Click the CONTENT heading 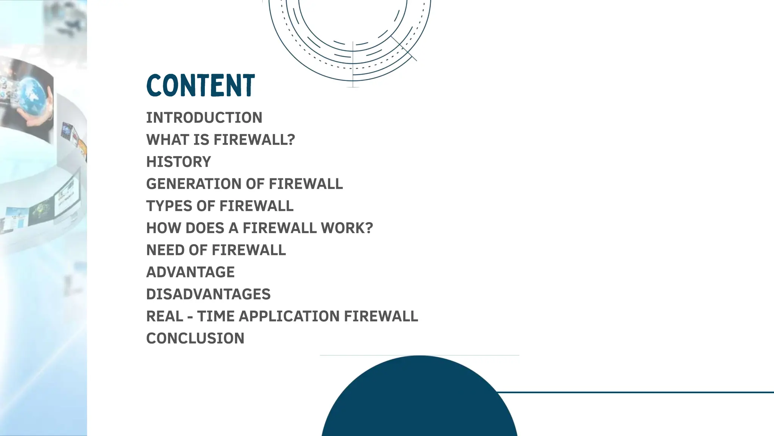(201, 85)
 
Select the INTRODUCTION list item (204, 118)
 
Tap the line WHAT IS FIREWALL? (220, 140)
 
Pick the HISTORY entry (178, 162)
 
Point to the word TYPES (169, 206)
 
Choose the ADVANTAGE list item (190, 272)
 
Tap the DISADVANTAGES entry (208, 294)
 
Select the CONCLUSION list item (195, 338)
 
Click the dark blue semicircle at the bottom (419, 401)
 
